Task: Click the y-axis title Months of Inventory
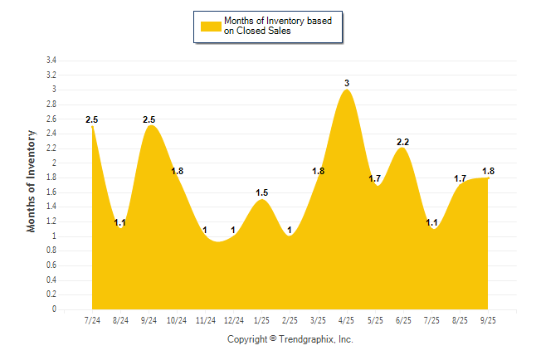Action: click(x=32, y=180)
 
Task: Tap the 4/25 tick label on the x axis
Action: click(x=347, y=320)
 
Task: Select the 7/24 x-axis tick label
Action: click(x=92, y=320)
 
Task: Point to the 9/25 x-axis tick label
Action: click(x=489, y=320)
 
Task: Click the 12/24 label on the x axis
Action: click(x=234, y=320)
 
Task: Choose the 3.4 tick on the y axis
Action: click(x=51, y=61)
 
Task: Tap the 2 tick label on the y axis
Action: click(x=54, y=163)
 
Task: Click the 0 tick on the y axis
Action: click(x=54, y=309)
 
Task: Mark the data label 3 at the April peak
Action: click(x=347, y=83)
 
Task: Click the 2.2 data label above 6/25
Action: click(x=403, y=142)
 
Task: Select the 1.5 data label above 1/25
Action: click(x=262, y=192)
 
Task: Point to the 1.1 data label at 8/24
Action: click(x=119, y=222)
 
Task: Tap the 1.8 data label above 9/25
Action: click(x=489, y=171)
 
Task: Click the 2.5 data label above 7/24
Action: click(x=92, y=120)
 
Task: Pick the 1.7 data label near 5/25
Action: click(x=375, y=178)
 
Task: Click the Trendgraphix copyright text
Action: click(x=290, y=340)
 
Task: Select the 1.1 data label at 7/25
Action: click(x=431, y=222)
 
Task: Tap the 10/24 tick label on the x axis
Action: click(x=177, y=320)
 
